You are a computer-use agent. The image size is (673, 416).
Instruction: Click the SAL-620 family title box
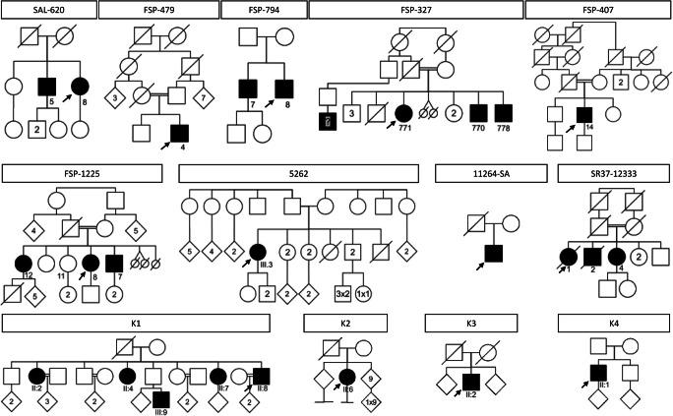(x=49, y=11)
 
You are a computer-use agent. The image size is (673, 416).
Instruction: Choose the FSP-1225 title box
(x=82, y=174)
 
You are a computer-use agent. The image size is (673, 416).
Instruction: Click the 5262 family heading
(x=301, y=174)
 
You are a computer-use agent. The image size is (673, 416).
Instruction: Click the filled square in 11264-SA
(x=494, y=253)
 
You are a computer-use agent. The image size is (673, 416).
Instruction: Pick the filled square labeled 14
(x=583, y=115)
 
